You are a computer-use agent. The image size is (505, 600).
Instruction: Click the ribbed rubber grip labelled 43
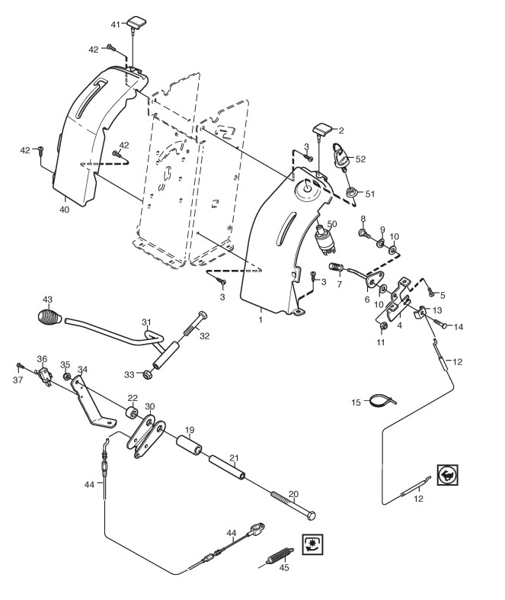point(50,317)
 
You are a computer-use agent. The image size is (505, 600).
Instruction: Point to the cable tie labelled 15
point(383,400)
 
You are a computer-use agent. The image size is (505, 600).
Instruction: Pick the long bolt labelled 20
point(293,505)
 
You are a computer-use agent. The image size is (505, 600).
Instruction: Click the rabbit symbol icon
point(448,475)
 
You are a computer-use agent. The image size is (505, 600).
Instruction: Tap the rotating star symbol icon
point(312,544)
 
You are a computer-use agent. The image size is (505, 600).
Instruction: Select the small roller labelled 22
point(133,413)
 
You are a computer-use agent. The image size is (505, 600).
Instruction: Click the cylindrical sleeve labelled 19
point(189,445)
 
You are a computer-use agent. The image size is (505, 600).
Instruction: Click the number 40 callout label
point(65,210)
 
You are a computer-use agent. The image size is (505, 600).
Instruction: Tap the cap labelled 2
point(323,129)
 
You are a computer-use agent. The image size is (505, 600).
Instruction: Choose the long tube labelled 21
point(227,467)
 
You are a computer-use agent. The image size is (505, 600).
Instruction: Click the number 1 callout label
point(260,319)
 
